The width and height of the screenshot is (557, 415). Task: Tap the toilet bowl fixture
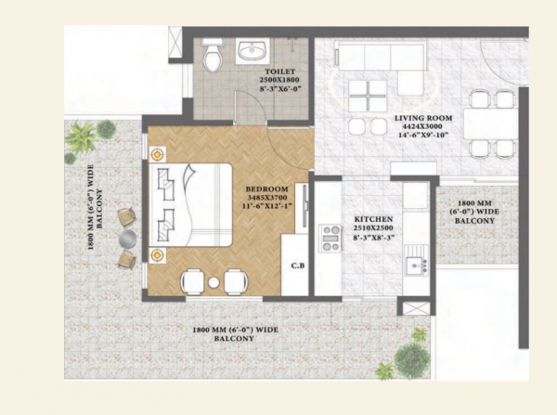point(212,57)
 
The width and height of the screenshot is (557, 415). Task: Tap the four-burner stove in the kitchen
point(330,239)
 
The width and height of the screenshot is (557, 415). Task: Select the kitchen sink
point(417,266)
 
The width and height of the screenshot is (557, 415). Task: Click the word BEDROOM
point(266,188)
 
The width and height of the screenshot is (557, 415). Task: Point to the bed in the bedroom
point(195,203)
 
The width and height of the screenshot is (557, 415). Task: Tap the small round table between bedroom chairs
point(214,281)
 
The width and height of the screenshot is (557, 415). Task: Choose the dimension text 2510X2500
point(374,229)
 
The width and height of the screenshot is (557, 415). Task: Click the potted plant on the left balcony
point(81,140)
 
